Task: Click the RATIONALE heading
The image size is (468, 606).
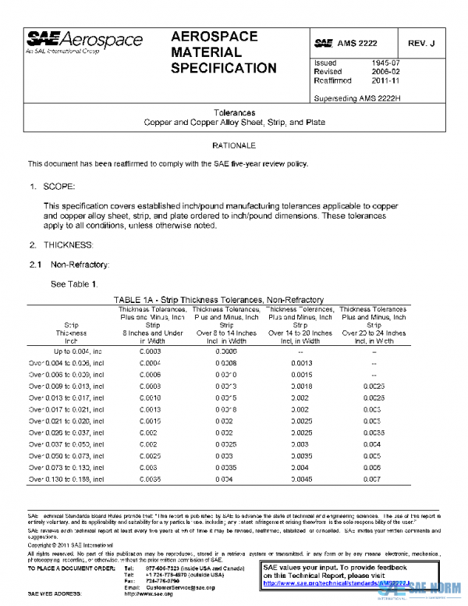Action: coord(234,146)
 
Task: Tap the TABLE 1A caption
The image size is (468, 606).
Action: coord(218,300)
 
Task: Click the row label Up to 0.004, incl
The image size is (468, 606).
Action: coord(65,351)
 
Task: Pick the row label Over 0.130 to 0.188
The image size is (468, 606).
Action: coord(65,479)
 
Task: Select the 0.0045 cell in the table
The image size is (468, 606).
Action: coord(301,479)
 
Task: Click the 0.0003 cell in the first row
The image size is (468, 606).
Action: coord(150,351)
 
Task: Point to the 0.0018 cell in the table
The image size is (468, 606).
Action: coord(301,386)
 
